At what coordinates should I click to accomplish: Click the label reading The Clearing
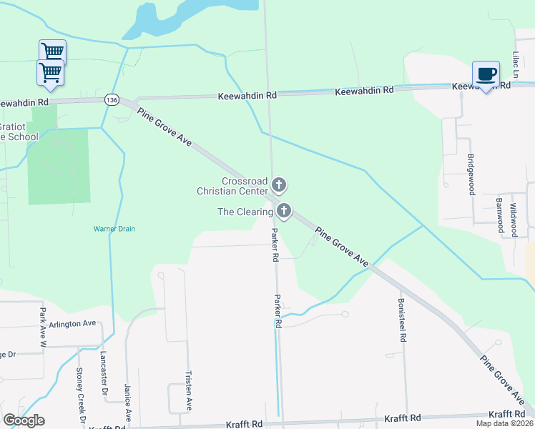(x=245, y=212)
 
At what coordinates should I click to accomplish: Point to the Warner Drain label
(x=114, y=229)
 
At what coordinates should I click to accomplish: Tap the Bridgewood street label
(x=471, y=174)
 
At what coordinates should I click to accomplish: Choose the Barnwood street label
(x=500, y=215)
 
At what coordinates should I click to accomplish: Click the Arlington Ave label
(x=78, y=323)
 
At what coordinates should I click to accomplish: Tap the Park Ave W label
(x=43, y=327)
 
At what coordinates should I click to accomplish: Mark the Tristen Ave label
(x=189, y=390)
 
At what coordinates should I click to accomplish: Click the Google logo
(x=24, y=420)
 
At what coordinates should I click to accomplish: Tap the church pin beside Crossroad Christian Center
(x=279, y=186)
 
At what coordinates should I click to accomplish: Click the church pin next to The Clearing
(x=284, y=211)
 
